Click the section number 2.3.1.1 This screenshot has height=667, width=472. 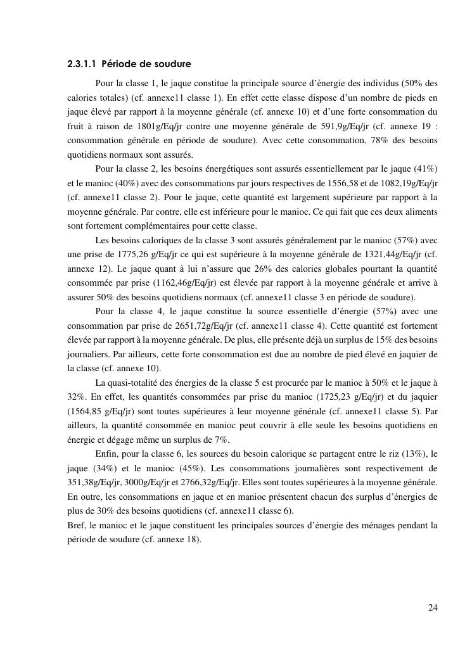tap(81, 65)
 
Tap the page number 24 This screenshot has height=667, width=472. tap(433, 608)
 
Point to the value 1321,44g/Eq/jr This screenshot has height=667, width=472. tap(381, 254)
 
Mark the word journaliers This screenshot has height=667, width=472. tap(87, 354)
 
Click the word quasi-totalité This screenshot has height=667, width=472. tap(134, 383)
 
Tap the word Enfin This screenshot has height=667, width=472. tap(106, 454)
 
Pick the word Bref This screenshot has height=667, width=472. tap(76, 524)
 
